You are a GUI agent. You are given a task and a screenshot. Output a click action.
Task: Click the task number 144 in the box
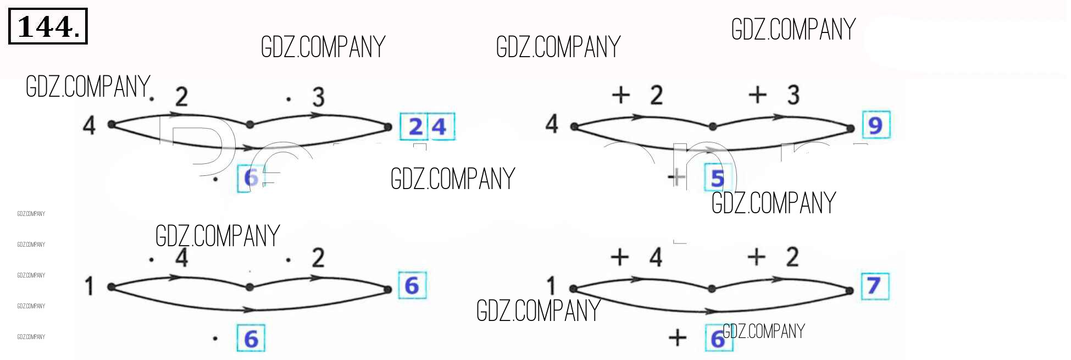[47, 26]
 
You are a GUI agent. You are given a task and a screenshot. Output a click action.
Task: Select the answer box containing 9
[875, 125]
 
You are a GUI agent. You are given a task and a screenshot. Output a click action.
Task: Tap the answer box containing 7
[874, 286]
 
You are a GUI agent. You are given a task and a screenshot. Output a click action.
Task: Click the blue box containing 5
[718, 178]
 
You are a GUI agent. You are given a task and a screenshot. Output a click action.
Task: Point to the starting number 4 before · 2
[89, 125]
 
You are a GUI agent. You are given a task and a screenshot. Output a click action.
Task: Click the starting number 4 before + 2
[552, 124]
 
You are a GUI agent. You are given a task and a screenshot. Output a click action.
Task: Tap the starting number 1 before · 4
[89, 286]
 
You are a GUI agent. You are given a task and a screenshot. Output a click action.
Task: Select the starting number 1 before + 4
[551, 286]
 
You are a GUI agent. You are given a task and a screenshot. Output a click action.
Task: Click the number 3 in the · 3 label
[319, 97]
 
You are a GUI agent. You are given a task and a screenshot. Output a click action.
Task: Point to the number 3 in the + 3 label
[793, 95]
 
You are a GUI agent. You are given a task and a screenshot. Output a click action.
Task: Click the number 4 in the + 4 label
[656, 257]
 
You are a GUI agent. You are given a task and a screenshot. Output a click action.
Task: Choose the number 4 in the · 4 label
[182, 257]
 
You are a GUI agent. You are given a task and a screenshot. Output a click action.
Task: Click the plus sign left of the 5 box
[677, 177]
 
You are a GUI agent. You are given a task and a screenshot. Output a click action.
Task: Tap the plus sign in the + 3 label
[757, 95]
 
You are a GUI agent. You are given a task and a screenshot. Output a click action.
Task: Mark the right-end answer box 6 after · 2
[412, 286]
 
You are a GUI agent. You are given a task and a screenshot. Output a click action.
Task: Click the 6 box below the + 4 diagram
[718, 339]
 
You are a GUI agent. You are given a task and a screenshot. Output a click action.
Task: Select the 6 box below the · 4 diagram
[251, 339]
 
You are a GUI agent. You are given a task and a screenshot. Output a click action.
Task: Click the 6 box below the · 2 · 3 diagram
[250, 178]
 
